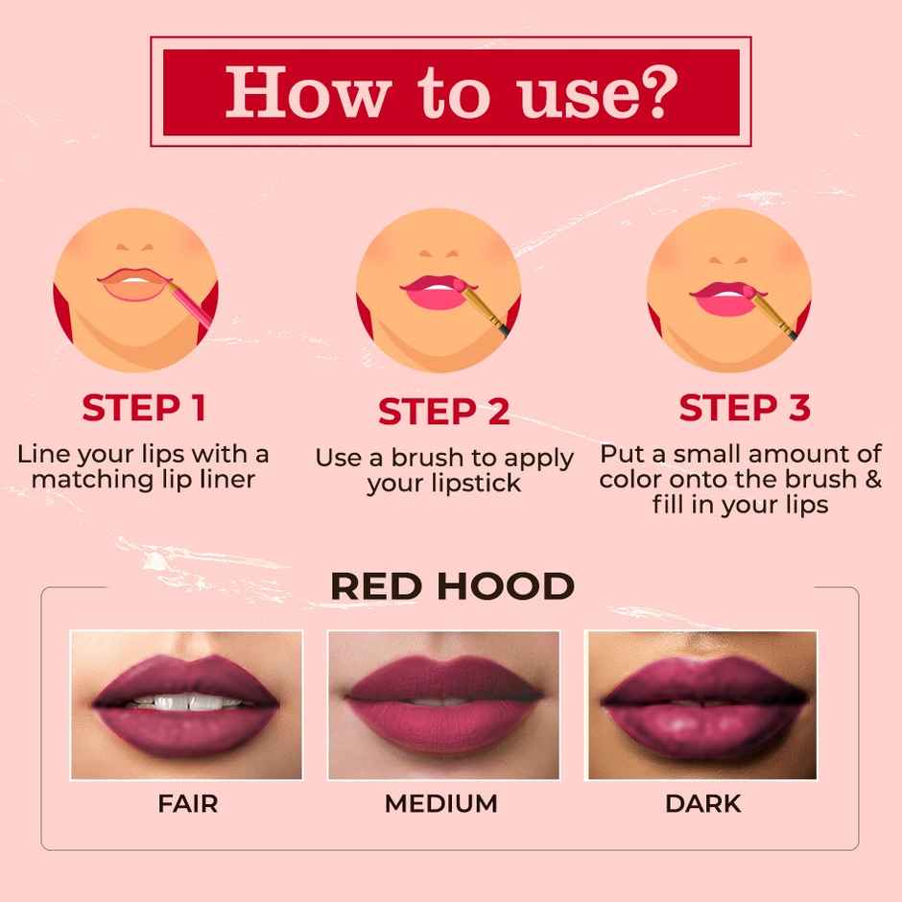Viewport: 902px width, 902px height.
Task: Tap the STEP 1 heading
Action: point(144,409)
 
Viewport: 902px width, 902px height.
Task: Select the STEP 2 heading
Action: point(442,412)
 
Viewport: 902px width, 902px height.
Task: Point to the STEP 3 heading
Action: point(745,409)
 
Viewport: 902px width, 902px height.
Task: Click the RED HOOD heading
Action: point(452,586)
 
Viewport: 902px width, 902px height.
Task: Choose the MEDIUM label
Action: point(441,803)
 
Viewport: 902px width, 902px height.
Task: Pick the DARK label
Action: point(703,803)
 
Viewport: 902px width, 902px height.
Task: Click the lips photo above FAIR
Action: point(186,704)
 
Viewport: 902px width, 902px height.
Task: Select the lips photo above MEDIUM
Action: point(443,704)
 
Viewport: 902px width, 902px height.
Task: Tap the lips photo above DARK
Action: point(701,704)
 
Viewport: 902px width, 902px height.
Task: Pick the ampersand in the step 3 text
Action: point(872,479)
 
